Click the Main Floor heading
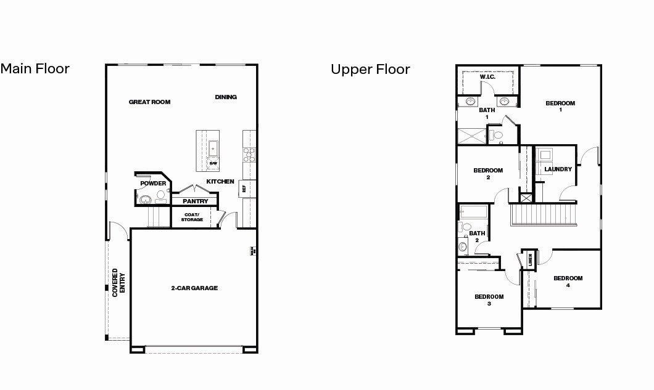pos(35,68)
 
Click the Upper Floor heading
pos(370,69)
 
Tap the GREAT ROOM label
pos(149,102)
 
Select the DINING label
pos(226,97)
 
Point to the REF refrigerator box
pos(245,189)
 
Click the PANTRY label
pos(195,201)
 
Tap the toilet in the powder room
pos(161,195)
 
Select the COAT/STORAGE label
pos(192,217)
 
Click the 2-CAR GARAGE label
pos(194,288)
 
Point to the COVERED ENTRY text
pos(118,283)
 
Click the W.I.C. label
pos(487,77)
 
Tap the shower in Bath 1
pos(471,135)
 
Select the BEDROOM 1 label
pos(560,107)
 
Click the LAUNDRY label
pos(558,169)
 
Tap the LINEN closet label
pos(531,259)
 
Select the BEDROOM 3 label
pos(489,300)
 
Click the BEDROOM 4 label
pos(568,282)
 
